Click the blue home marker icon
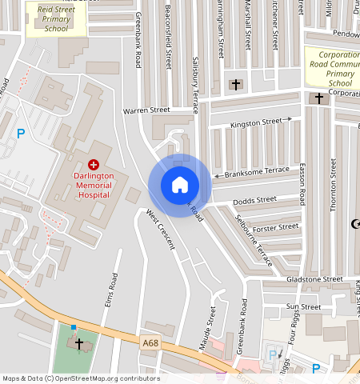tap(180, 185)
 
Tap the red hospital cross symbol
tap(94, 163)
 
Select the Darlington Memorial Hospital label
tap(89, 186)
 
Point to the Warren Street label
tap(146, 110)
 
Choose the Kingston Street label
tap(256, 123)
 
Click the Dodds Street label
tap(255, 199)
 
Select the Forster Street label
tap(275, 227)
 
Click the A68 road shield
tap(150, 343)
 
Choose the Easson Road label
tap(302, 181)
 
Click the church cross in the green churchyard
tap(79, 343)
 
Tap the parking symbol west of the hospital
tap(21, 134)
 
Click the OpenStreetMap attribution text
tap(81, 378)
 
